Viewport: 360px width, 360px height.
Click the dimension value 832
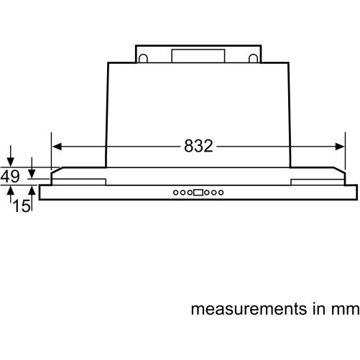pos(198,146)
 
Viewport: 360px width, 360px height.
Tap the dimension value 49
pos(10,176)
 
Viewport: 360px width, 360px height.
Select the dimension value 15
pos(22,206)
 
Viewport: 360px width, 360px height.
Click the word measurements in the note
pos(249,309)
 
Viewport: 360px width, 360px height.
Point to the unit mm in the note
pos(346,310)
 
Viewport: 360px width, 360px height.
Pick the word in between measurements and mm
pos(319,308)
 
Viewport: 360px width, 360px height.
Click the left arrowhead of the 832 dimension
pos(57,147)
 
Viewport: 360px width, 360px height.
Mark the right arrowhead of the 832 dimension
pos(340,147)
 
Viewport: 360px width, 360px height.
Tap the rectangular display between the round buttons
pos(198,193)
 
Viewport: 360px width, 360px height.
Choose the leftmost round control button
pos(176,193)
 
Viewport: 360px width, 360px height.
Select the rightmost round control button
pos(221,193)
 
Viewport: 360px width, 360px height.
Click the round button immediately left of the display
pos(190,193)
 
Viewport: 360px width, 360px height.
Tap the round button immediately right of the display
pos(207,193)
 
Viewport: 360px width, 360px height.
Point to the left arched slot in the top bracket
pos(143,58)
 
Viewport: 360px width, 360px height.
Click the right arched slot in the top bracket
pos(253,58)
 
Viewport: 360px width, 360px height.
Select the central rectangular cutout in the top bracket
pos(198,56)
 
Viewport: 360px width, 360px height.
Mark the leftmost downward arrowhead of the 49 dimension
pos(10,162)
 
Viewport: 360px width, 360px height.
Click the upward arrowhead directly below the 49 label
pos(10,190)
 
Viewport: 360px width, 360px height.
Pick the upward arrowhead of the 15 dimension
pos(32,190)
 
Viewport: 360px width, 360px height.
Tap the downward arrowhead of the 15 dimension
pos(32,173)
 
